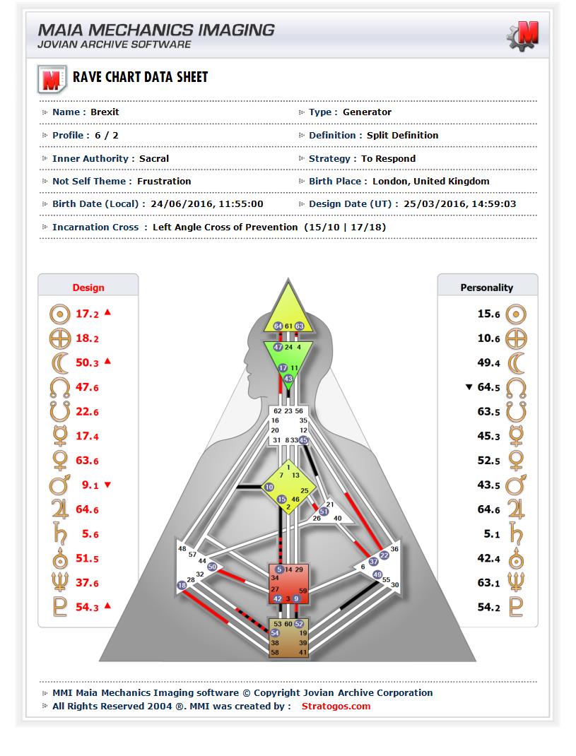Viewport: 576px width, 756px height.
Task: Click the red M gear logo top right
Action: click(x=523, y=35)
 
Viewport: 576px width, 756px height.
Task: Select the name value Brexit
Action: click(x=105, y=112)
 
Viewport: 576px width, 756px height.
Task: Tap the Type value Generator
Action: click(x=367, y=112)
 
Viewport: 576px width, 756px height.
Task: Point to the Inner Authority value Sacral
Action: click(x=154, y=159)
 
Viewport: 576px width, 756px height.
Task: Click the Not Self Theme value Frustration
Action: click(x=164, y=182)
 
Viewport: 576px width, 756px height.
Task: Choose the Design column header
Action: click(x=88, y=288)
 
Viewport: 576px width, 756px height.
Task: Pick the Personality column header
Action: click(x=487, y=288)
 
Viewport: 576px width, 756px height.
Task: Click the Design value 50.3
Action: click(x=87, y=362)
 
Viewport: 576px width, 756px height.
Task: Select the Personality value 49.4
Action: click(x=488, y=362)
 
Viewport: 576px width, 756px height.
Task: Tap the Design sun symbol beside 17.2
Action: click(x=59, y=314)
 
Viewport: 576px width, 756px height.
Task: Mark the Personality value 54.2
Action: click(x=488, y=607)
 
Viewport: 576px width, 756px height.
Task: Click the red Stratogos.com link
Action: click(x=336, y=707)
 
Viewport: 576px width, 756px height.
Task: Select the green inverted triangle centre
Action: click(x=288, y=359)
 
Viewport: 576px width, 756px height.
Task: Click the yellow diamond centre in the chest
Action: click(x=288, y=487)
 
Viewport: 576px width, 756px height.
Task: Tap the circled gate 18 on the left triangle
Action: click(x=182, y=585)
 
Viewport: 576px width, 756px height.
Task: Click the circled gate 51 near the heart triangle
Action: click(x=324, y=512)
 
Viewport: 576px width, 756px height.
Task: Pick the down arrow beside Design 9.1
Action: click(x=107, y=485)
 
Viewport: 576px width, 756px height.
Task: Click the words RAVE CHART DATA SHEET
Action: click(x=141, y=77)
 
